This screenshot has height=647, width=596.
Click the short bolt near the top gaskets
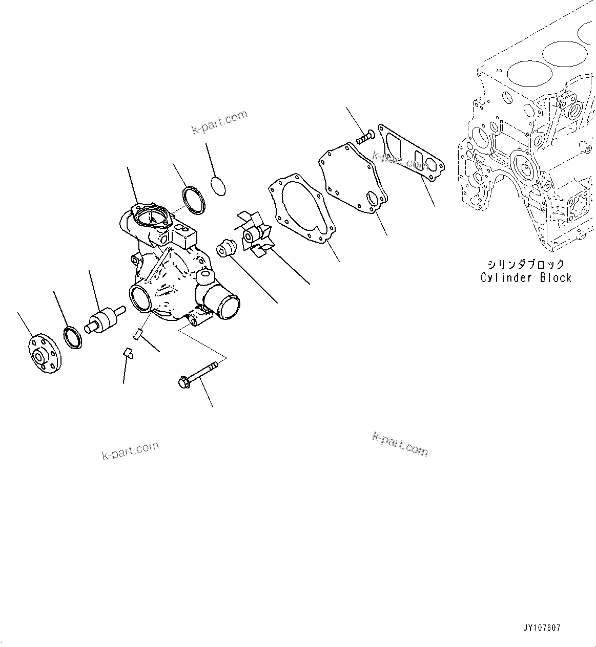(364, 136)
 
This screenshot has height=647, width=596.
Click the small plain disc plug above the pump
(218, 185)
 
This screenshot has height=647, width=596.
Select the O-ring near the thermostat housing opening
(194, 200)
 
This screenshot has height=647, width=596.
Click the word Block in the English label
(556, 278)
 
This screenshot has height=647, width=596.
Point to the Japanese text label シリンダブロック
(526, 264)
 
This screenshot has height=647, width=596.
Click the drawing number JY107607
(542, 628)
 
